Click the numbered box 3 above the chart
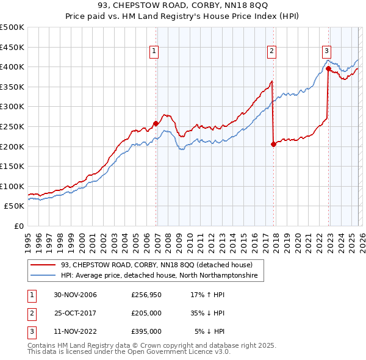tap(326, 52)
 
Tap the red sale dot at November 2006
tap(156, 123)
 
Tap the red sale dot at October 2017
tap(273, 145)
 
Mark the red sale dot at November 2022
tap(328, 69)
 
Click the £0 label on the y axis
tap(18, 226)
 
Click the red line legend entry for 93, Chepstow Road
tap(161, 265)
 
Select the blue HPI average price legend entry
tap(159, 276)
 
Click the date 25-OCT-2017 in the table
tap(75, 313)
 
